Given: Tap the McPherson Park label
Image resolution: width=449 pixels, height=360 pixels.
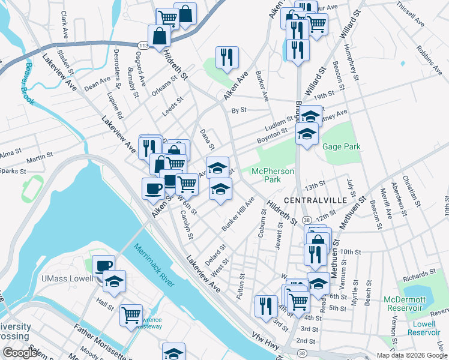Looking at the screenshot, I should click(x=273, y=175).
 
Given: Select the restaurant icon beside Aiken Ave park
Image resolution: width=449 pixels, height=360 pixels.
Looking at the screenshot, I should click(x=227, y=58).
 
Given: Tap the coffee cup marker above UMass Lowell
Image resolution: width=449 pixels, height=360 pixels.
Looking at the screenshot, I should click(x=104, y=265).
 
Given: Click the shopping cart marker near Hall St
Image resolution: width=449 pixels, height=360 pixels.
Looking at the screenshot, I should click(x=131, y=314).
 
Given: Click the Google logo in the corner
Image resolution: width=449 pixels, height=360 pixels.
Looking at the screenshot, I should click(x=20, y=353).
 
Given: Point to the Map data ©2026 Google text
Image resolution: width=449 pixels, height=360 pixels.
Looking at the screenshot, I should click(x=412, y=355).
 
